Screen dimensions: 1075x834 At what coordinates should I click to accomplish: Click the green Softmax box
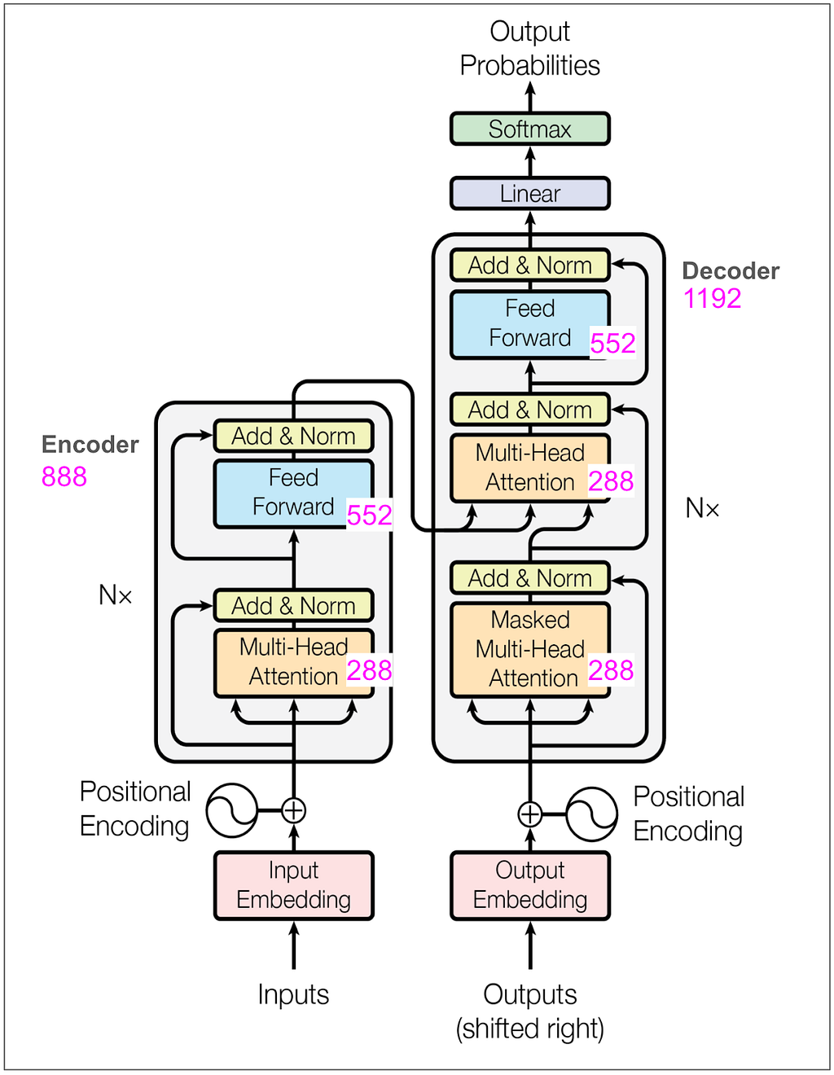tap(529, 129)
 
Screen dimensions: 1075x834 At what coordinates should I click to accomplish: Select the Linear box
tap(529, 194)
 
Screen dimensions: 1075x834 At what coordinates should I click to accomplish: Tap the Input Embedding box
tap(293, 885)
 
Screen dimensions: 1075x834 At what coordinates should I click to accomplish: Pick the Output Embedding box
tap(529, 885)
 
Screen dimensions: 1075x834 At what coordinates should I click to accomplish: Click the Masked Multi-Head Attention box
tap(529, 649)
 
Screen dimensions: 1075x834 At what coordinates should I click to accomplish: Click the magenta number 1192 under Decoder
tap(713, 299)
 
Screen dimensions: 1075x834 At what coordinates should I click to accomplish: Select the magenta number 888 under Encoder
tap(64, 476)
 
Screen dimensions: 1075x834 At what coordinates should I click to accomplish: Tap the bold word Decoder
tap(731, 271)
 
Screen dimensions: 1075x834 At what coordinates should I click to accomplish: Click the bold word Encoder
tap(90, 445)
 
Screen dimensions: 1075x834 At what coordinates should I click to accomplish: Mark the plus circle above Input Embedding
tap(293, 810)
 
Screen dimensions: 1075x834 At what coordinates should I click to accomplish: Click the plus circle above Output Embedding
tap(529, 814)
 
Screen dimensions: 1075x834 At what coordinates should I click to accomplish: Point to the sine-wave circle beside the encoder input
tap(232, 810)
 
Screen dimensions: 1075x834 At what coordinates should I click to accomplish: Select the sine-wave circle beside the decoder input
tap(591, 814)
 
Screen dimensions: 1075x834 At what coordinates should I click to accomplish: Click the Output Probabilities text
tap(529, 49)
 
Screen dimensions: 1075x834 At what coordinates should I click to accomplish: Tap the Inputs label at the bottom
tap(293, 994)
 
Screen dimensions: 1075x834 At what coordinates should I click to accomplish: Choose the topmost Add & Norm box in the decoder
tap(529, 265)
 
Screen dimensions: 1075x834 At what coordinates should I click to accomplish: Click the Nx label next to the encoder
tap(115, 595)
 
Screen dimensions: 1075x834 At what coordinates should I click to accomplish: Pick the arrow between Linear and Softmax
tap(530, 160)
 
